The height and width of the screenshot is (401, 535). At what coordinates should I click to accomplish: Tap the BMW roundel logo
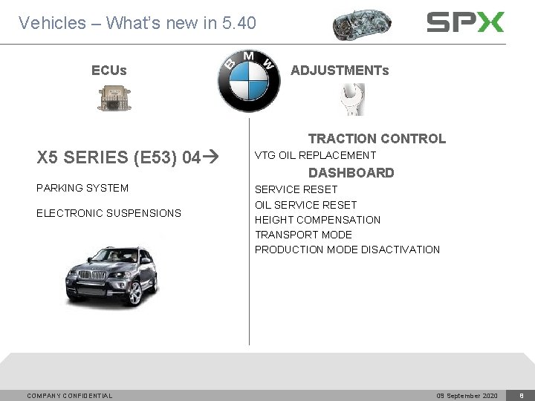pyautogui.click(x=249, y=82)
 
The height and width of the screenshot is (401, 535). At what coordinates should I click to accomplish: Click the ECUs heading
pyautogui.click(x=108, y=71)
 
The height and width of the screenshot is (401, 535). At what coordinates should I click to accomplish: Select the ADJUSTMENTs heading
pyautogui.click(x=340, y=71)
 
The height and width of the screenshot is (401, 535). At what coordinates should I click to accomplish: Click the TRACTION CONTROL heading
pyautogui.click(x=377, y=138)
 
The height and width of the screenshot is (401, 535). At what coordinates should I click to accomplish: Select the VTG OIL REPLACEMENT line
pyautogui.click(x=315, y=155)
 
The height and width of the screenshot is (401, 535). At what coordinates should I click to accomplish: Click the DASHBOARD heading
pyautogui.click(x=351, y=172)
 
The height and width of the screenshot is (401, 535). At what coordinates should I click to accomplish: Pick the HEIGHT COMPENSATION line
pyautogui.click(x=317, y=220)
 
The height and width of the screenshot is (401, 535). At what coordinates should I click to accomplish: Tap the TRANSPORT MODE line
pyautogui.click(x=303, y=235)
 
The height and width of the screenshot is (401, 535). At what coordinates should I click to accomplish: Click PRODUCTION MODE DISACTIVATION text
pyautogui.click(x=347, y=250)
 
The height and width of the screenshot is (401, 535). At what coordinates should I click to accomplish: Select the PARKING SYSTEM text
pyautogui.click(x=82, y=188)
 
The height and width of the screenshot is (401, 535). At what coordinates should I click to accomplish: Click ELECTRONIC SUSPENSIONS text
pyautogui.click(x=108, y=213)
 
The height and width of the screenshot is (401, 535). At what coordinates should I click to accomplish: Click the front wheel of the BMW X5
pyautogui.click(x=135, y=293)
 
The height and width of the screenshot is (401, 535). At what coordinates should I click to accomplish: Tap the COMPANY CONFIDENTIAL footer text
pyautogui.click(x=70, y=396)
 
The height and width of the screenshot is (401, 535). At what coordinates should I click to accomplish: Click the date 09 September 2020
pyautogui.click(x=467, y=396)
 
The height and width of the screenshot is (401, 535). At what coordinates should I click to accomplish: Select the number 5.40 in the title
pyautogui.click(x=239, y=23)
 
